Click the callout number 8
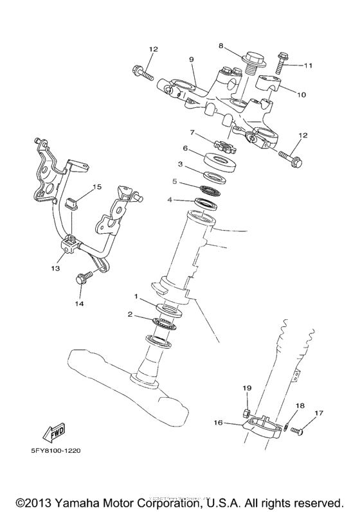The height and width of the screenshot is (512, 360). click(221, 46)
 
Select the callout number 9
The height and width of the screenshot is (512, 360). click(191, 60)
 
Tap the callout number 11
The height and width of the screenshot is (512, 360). click(307, 65)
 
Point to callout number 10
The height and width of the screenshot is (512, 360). click(301, 94)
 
